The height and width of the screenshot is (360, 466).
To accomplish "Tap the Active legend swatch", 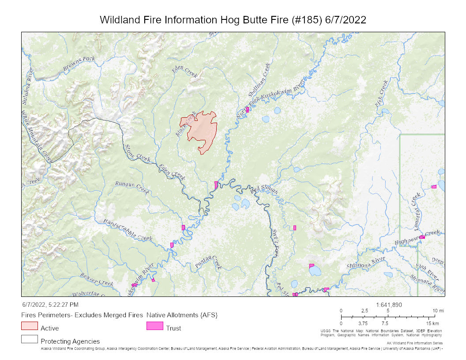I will pyautogui.click(x=29, y=326).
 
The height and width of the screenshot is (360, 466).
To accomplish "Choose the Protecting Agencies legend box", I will pyautogui.click(x=29, y=339).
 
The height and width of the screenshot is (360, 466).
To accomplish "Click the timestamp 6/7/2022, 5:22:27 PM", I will pyautogui.click(x=50, y=305).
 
